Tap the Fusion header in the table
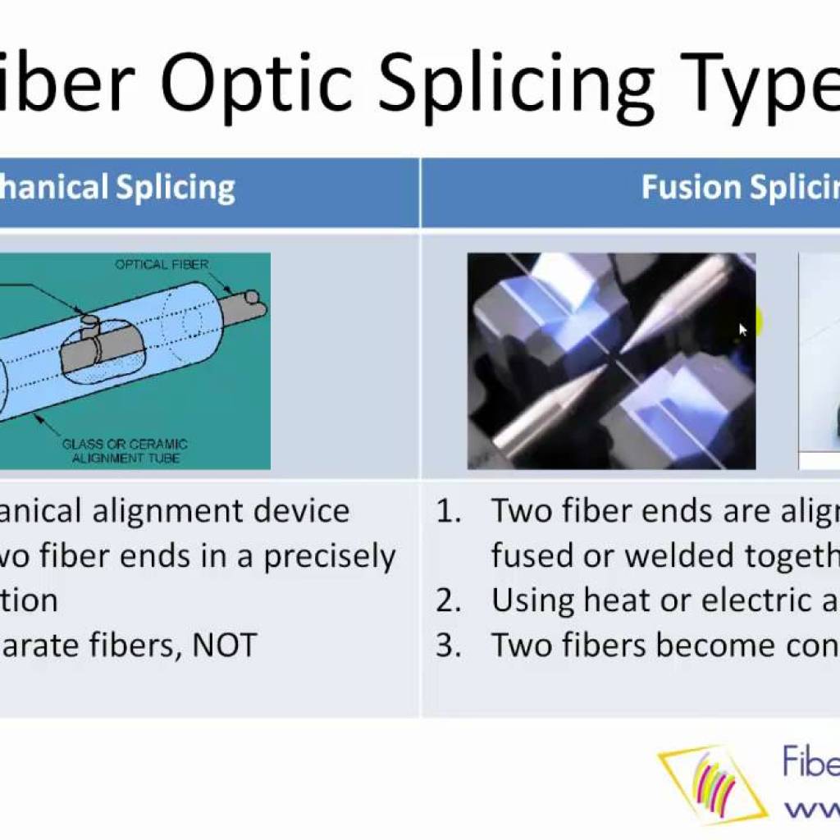coord(690,187)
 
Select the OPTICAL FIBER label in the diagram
coord(162,264)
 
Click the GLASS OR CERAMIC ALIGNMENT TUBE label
coord(125,450)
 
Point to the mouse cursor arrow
coord(743,330)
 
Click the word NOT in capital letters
coord(224,646)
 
